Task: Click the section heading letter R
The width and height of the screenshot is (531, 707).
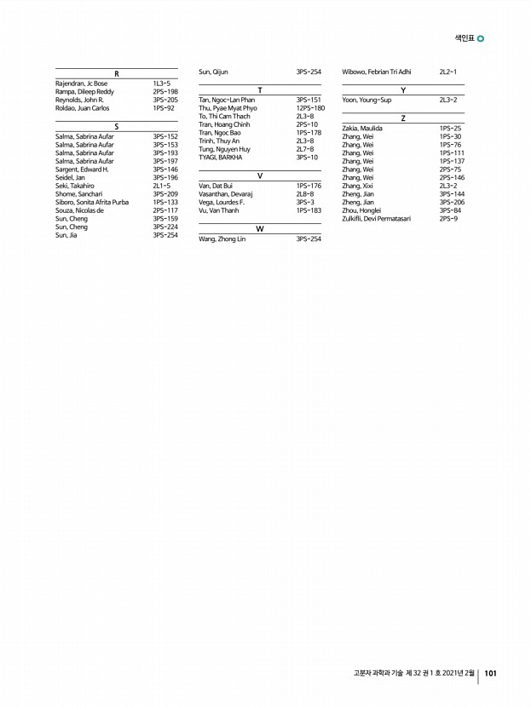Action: pyautogui.click(x=116, y=74)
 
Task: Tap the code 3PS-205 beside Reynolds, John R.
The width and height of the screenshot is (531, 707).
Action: pyautogui.click(x=165, y=100)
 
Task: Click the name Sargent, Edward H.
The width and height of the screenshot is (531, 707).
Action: pyautogui.click(x=82, y=169)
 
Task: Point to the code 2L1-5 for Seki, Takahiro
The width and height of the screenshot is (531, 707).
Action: pyautogui.click(x=162, y=185)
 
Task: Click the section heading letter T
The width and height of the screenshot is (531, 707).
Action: pyautogui.click(x=259, y=90)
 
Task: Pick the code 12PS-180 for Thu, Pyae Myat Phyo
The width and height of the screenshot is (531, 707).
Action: pyautogui.click(x=310, y=108)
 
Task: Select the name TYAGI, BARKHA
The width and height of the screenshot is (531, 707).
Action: pyautogui.click(x=220, y=158)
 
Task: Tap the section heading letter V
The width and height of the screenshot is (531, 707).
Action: pyautogui.click(x=259, y=175)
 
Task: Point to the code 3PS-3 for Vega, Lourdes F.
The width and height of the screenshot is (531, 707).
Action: pyautogui.click(x=305, y=202)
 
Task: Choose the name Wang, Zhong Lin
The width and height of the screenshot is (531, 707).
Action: pyautogui.click(x=222, y=239)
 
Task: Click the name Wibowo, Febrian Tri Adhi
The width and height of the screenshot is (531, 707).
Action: pyautogui.click(x=376, y=72)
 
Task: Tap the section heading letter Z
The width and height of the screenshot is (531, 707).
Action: pyautogui.click(x=402, y=118)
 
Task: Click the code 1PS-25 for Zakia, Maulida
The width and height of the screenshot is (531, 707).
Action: pyautogui.click(x=450, y=128)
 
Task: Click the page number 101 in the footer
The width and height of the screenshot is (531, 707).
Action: pyautogui.click(x=490, y=673)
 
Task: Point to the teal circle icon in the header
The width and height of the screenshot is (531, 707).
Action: pyautogui.click(x=482, y=38)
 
